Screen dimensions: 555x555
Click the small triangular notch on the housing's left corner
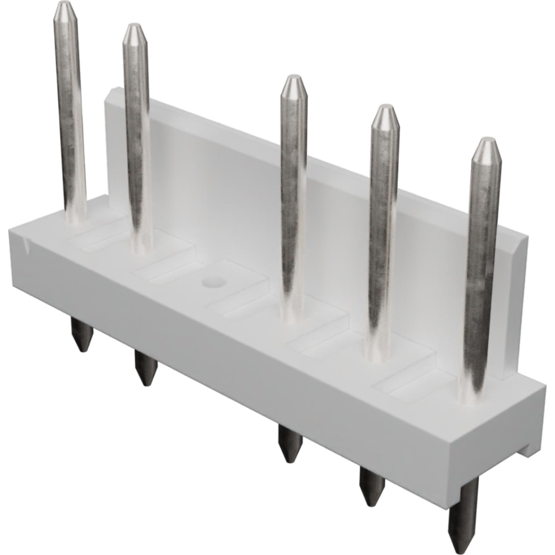click(x=26, y=245)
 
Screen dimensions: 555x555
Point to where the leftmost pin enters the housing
click(x=77, y=219)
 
